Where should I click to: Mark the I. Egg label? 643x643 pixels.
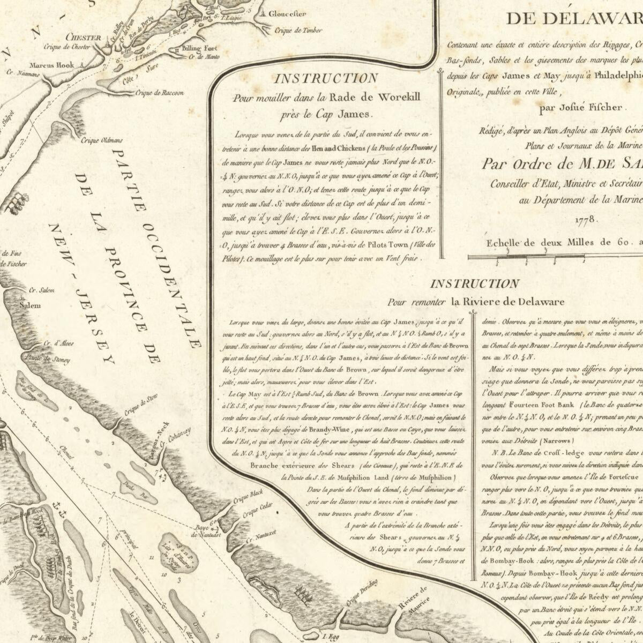335,638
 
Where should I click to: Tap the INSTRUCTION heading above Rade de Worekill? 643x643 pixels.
326,79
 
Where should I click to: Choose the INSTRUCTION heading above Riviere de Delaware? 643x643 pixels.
474,284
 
